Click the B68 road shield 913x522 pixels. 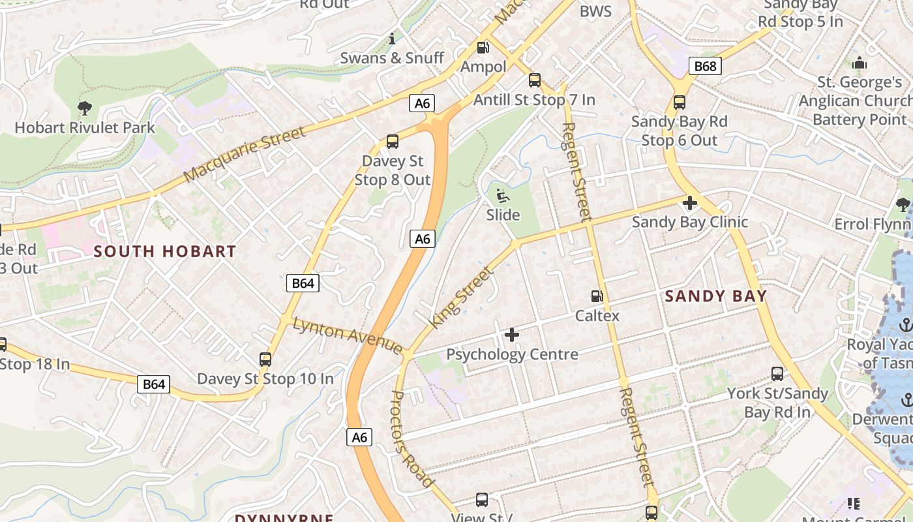705,66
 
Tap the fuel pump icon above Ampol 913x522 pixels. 483,47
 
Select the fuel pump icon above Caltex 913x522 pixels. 597,296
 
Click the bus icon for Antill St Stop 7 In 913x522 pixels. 535,80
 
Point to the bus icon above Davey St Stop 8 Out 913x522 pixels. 393,142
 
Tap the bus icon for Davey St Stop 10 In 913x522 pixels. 265,359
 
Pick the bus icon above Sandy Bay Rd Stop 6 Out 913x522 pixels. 680,102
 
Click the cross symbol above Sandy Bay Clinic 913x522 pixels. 689,203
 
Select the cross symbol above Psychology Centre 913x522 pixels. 512,335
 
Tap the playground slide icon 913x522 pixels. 503,195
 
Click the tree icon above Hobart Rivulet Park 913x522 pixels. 84,108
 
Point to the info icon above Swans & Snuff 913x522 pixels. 392,38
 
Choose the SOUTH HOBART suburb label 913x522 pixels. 164,251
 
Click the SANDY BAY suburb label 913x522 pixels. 716,296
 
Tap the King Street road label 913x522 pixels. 461,298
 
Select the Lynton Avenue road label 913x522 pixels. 348,335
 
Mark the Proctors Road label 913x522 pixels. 412,438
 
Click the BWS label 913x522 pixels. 595,11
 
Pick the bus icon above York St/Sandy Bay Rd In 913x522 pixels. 777,374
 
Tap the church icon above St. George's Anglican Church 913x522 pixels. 860,63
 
